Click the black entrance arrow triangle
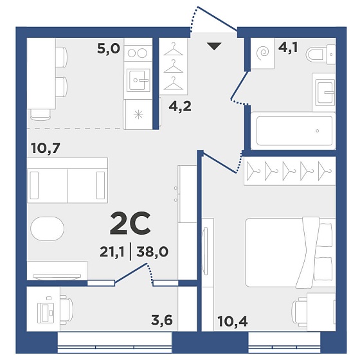(x=214, y=46)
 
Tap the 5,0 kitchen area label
(x=109, y=48)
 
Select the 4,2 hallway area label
(x=180, y=106)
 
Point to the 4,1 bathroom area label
(x=288, y=48)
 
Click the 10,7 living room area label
(x=46, y=148)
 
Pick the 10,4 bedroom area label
(x=233, y=321)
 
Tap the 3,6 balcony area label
(x=162, y=320)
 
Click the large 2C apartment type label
(x=130, y=224)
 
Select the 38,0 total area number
(x=152, y=251)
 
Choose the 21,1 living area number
(x=112, y=252)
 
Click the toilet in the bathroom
(x=321, y=55)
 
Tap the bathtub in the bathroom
(x=293, y=130)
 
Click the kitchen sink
(x=138, y=80)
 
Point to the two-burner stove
(x=138, y=53)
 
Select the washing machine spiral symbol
(x=263, y=53)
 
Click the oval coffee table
(x=48, y=228)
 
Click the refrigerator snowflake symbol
(x=138, y=114)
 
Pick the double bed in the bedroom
(x=290, y=252)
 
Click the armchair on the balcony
(x=67, y=309)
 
